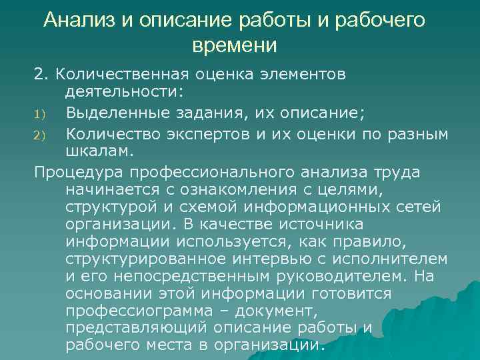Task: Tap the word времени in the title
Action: [233, 45]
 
